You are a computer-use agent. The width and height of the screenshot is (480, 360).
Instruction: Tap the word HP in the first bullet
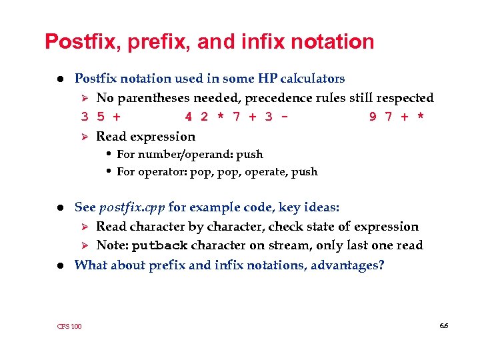[x=265, y=79]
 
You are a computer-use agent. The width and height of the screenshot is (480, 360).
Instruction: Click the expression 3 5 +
[x=101, y=117]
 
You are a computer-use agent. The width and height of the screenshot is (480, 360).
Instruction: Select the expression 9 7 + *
[x=398, y=117]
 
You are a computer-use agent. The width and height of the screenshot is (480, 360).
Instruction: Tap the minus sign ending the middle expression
[x=285, y=117]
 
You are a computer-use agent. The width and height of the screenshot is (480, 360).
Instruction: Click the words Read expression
[x=145, y=137]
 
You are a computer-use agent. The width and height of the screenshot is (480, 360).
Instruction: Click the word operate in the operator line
[x=267, y=172]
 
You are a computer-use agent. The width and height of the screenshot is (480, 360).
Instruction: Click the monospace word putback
[x=159, y=245]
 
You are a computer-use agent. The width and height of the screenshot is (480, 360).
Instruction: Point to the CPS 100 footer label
[x=69, y=326]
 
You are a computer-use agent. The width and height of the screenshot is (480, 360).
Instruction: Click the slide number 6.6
[x=444, y=325]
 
